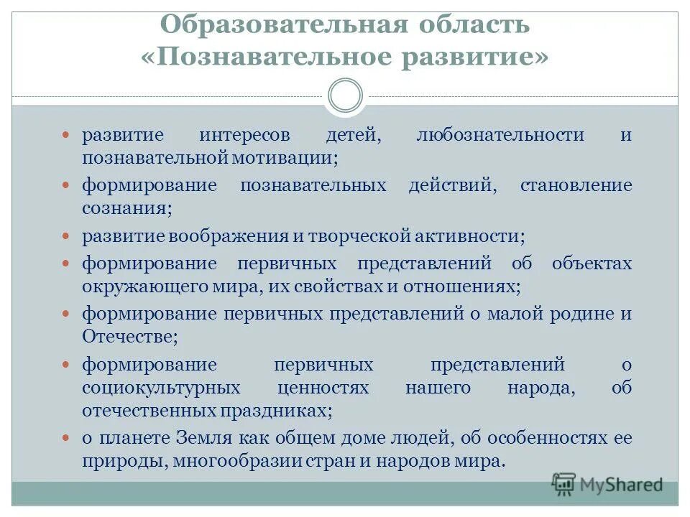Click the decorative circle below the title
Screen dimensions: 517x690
[345, 96]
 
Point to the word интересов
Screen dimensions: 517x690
[245, 136]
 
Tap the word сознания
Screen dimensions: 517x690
[126, 208]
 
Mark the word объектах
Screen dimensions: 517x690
[592, 264]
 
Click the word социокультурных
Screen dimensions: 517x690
[160, 388]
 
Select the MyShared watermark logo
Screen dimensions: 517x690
[607, 484]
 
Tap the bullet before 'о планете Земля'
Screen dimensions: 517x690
[67, 438]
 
